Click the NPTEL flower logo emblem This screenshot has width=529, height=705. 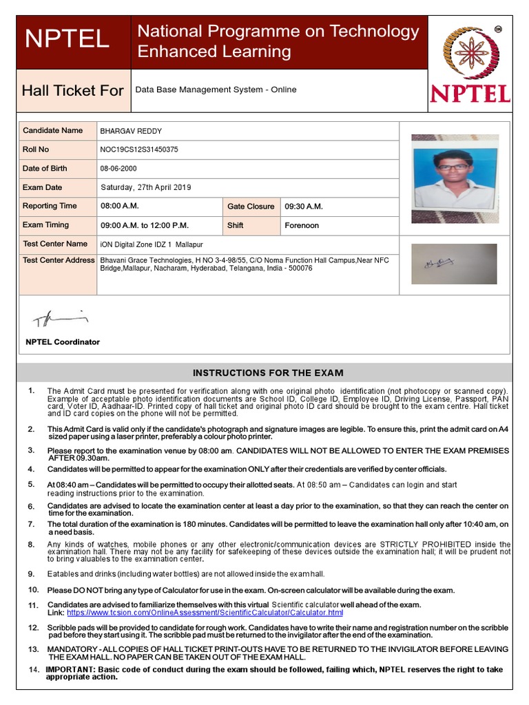point(473,53)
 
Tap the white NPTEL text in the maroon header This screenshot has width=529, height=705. point(67,39)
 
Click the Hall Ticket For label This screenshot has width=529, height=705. point(72,90)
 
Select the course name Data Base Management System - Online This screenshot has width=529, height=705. point(216,90)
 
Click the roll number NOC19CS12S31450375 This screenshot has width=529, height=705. point(138,149)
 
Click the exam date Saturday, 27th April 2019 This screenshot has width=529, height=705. point(146,187)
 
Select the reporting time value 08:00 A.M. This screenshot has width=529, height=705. point(120,206)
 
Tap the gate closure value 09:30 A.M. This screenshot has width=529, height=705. point(304,207)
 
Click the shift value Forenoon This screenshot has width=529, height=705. point(302,225)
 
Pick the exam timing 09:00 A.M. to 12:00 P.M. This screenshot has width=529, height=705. point(145,225)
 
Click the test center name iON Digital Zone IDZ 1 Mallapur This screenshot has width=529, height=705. point(152,244)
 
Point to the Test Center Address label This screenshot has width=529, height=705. point(59,260)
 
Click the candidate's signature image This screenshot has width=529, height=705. point(453,264)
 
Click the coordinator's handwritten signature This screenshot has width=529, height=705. point(61,318)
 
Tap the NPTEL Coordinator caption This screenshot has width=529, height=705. point(63,342)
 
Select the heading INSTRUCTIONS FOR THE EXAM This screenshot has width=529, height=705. point(268,373)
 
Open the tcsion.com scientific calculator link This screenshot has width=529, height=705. point(205,612)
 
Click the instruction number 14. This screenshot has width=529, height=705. point(34,669)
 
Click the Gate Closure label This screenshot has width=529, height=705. point(251,207)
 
